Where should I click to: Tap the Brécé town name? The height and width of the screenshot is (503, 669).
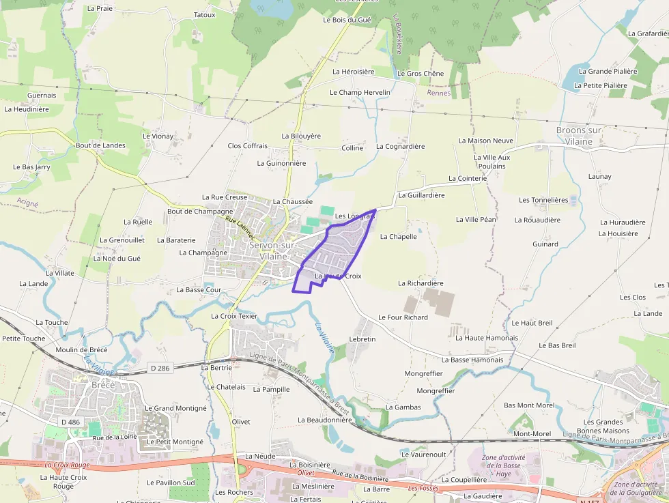103,385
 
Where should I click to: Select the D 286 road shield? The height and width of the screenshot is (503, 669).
159,369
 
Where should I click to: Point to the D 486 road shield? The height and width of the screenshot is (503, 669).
70,422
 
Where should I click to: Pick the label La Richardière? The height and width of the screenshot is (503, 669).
421,283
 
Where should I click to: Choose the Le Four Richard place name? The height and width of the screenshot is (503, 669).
403,317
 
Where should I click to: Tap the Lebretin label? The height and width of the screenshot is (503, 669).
362,339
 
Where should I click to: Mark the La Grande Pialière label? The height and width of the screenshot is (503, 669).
608,71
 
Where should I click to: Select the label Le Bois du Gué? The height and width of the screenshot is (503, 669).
347,20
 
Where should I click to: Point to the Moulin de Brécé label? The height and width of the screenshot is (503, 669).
81,350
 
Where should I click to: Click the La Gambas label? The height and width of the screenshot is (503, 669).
403,407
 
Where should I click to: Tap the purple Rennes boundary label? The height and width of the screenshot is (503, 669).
438,93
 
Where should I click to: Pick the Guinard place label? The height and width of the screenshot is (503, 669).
545,244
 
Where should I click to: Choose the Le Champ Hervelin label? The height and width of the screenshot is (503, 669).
360,92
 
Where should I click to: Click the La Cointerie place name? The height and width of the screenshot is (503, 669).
468,178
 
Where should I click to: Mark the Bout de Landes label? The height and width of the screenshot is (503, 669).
100,145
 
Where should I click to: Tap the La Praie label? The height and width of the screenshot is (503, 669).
100,9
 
